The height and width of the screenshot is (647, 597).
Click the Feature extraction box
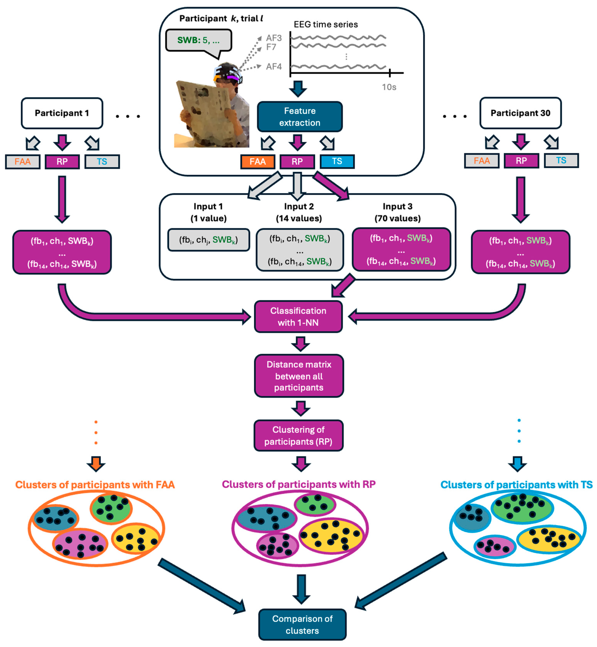299,117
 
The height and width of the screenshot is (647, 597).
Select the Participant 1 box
62,113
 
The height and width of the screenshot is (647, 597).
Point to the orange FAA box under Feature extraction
258,161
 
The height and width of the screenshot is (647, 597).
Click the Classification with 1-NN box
298,317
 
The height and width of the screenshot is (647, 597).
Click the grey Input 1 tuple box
208,240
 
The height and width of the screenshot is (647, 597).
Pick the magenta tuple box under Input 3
401,250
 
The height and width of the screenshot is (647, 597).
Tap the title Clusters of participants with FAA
95,485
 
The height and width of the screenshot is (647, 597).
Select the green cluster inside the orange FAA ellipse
111,508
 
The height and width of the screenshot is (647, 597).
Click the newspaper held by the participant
204,113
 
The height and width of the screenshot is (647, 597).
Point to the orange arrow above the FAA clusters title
96,463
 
